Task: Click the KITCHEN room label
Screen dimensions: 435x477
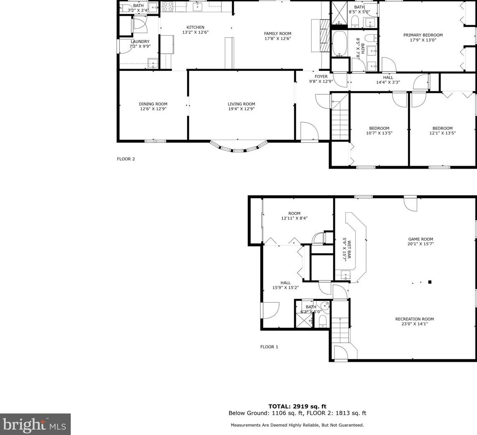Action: pos(195,27)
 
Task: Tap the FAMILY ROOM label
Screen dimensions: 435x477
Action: pos(277,34)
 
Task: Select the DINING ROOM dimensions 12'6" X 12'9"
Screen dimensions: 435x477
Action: pos(153,109)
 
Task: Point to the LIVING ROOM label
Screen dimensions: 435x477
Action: pos(241,104)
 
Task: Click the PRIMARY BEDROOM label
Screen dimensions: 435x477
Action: pos(423,35)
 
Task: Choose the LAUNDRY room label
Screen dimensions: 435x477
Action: pos(140,42)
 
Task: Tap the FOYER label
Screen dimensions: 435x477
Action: pos(321,77)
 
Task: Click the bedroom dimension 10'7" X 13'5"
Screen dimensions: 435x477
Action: pos(379,133)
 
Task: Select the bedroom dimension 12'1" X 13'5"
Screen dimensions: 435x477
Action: pos(442,133)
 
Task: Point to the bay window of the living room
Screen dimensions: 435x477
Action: pos(238,147)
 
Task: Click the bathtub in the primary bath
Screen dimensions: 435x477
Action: pos(340,44)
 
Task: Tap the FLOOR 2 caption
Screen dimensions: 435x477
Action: pos(126,159)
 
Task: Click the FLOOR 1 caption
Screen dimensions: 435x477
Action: pos(269,347)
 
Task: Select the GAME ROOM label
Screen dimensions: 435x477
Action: pos(420,239)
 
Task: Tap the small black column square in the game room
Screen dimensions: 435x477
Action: pos(430,282)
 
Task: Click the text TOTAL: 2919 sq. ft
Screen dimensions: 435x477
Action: pos(297,406)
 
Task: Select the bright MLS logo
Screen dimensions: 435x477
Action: pos(35,424)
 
